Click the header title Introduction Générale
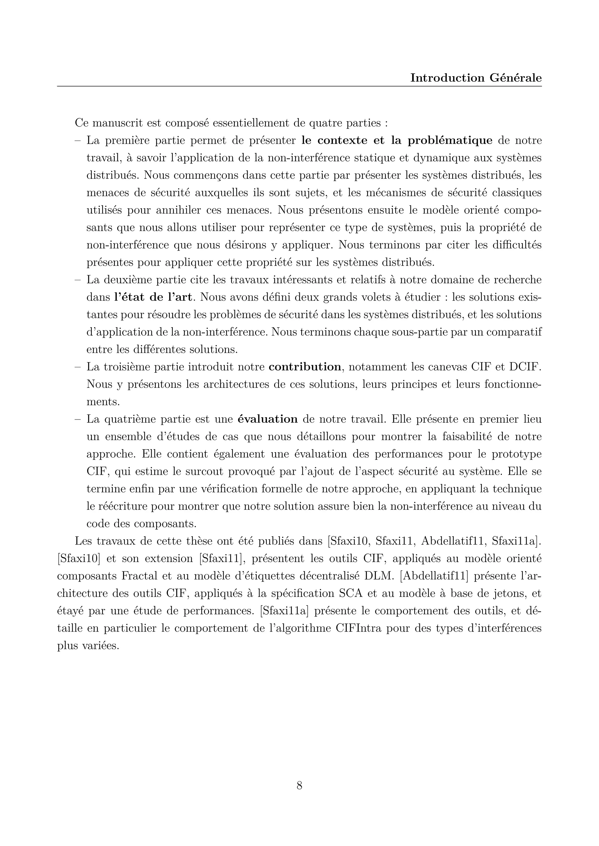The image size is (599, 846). point(476,78)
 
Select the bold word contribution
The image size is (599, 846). point(305,367)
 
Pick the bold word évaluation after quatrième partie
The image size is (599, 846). point(267,419)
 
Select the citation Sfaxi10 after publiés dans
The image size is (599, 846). point(349,541)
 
